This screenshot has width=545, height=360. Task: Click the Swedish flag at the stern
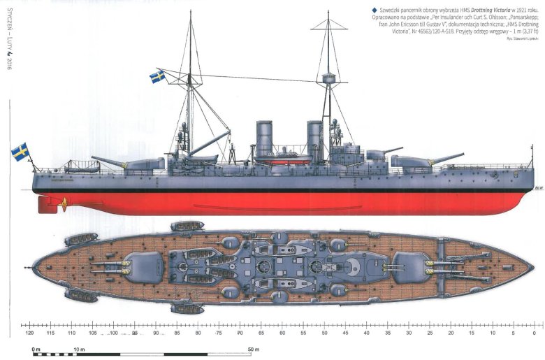[20, 151]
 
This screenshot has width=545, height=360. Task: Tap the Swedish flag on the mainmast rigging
[157, 75]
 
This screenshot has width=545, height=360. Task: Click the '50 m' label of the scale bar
[253, 348]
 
